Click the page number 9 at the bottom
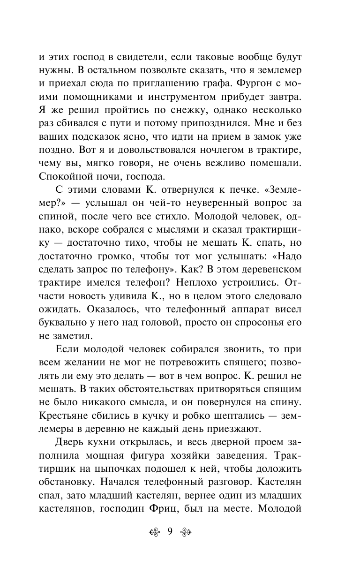[x=170, y=532]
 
